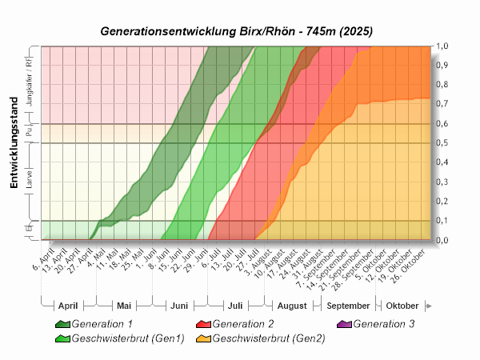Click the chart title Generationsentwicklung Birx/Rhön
pos(237,31)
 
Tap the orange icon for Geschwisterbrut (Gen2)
pos(203,338)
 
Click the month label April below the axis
pos(68,306)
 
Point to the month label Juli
pos(235,306)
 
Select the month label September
pos(349,306)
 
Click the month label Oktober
pos(402,306)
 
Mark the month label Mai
pos(123,306)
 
